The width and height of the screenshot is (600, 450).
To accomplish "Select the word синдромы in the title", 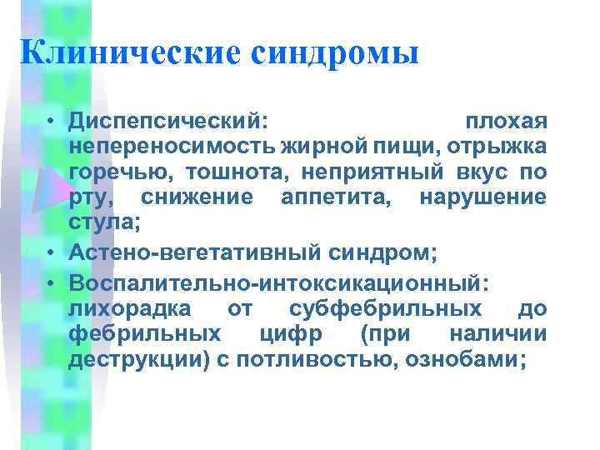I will pyautogui.click(x=333, y=53).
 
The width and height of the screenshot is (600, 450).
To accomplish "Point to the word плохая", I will pyautogui.click(x=506, y=122).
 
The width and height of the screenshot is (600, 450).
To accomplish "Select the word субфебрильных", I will pyautogui.click(x=385, y=309).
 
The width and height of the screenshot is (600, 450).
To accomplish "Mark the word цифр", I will pyautogui.click(x=280, y=334).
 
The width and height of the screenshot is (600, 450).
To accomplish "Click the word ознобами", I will pyautogui.click(x=473, y=359).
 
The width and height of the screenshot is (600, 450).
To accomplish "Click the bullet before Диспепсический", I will pyautogui.click(x=52, y=122).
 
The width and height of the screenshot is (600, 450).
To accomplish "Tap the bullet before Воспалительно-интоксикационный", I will pyautogui.click(x=52, y=284).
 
